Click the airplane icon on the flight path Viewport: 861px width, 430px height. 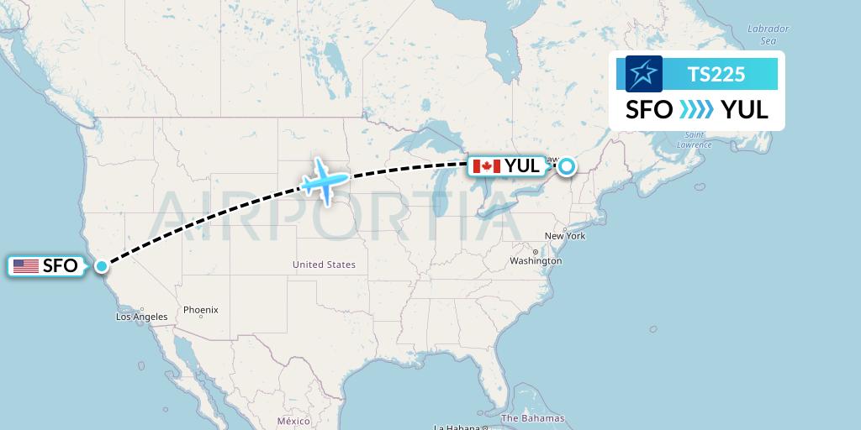tap(323, 180)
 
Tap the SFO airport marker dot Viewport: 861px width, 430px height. tap(102, 266)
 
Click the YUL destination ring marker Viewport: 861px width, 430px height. tap(568, 166)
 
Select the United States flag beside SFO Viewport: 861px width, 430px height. tap(26, 266)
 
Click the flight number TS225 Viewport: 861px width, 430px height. tap(716, 74)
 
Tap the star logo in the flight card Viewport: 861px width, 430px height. tap(644, 74)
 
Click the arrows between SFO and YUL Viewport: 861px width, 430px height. tap(697, 110)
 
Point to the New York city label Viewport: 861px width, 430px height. tap(564, 236)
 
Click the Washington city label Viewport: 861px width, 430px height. tap(536, 261)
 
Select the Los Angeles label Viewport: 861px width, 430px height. tap(141, 317)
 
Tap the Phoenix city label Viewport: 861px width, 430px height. tap(201, 310)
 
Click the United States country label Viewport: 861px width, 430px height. tap(324, 265)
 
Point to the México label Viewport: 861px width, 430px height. tap(293, 421)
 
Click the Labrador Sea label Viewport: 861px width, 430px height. tap(768, 34)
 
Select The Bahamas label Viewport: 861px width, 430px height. tap(532, 418)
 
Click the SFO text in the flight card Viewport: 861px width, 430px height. tap(649, 110)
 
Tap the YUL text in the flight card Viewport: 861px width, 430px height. tap(745, 110)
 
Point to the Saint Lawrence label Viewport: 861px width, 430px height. tap(695, 139)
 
